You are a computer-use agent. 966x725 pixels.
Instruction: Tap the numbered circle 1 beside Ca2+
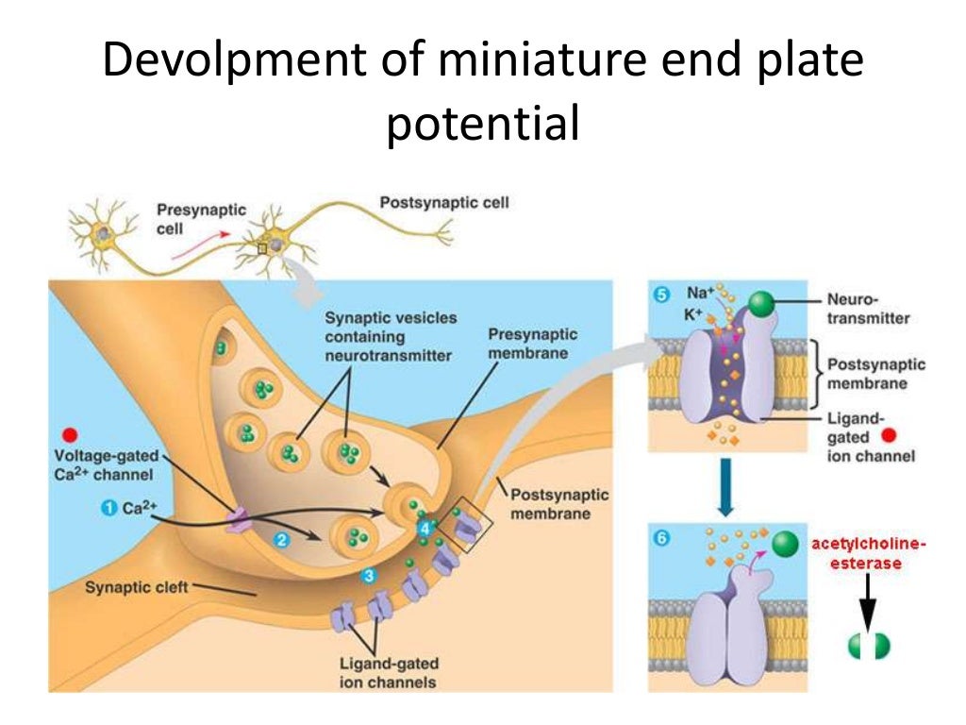[108, 508]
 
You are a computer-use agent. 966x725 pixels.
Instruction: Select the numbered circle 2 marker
[281, 540]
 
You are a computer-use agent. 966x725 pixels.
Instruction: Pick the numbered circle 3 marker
[369, 576]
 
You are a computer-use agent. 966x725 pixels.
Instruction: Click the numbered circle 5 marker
[661, 295]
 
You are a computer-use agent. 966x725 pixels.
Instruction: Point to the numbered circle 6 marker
[661, 538]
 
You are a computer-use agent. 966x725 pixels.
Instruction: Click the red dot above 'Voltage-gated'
[70, 435]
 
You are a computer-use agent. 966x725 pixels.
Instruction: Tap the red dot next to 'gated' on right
[888, 436]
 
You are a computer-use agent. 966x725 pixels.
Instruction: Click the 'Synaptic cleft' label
[136, 587]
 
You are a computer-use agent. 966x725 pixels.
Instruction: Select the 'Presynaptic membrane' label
[532, 344]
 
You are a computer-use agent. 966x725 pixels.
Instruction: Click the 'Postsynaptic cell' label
[444, 203]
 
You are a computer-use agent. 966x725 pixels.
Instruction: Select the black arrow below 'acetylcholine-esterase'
[867, 601]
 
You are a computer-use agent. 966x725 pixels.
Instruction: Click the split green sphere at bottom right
[869, 646]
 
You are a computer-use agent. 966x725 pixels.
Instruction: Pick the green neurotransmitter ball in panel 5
[761, 305]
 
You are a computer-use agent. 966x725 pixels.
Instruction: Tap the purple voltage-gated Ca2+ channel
[237, 520]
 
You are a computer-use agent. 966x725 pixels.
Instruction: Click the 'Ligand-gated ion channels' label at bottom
[388, 672]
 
